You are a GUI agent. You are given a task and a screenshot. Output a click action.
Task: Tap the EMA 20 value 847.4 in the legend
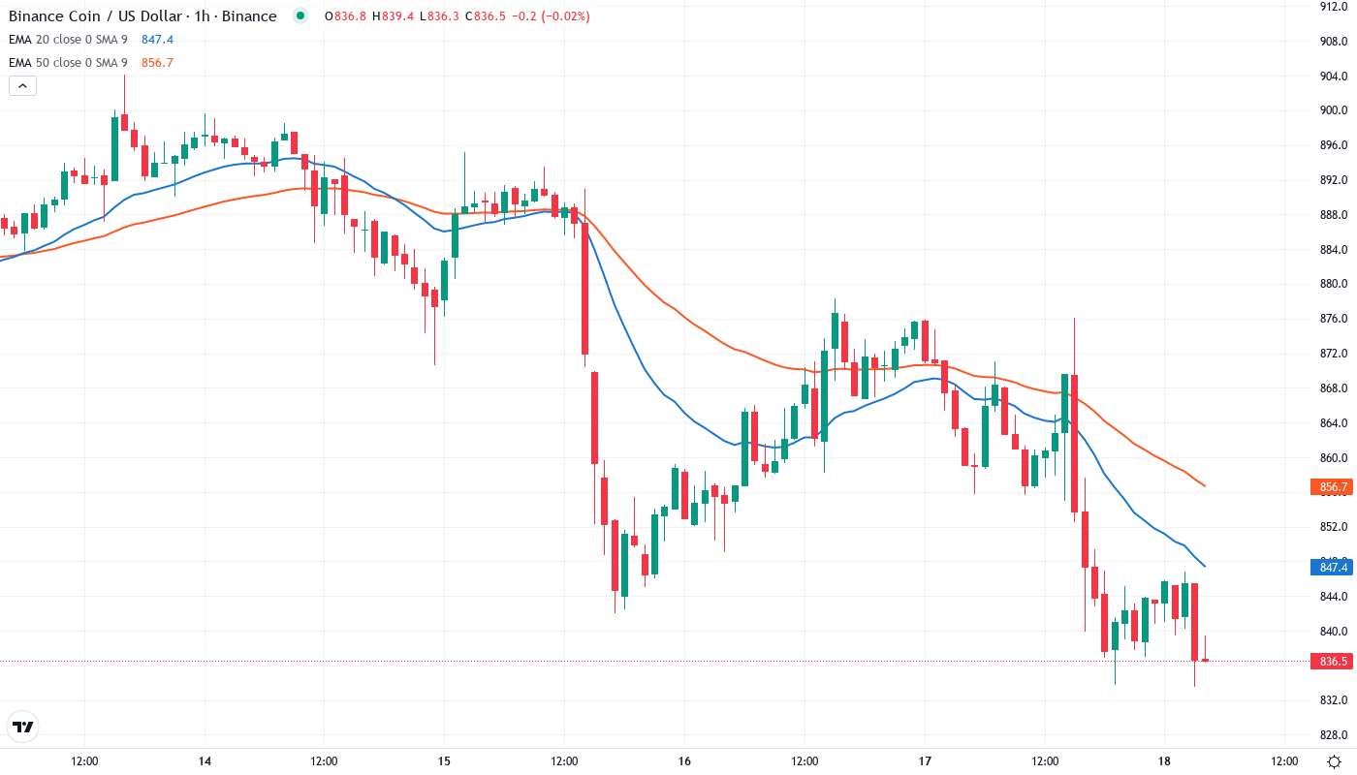(x=157, y=40)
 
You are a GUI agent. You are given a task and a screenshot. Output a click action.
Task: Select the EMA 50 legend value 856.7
(x=157, y=63)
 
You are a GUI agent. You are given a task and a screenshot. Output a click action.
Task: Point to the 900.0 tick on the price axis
(x=1334, y=110)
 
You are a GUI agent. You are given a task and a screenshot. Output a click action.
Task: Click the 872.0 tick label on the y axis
(x=1334, y=354)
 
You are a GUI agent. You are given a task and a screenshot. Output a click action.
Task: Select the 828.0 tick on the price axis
(x=1334, y=734)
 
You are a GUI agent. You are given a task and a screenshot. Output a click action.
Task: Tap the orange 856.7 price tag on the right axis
(x=1333, y=486)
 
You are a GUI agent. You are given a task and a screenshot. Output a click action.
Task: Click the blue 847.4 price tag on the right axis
(x=1333, y=567)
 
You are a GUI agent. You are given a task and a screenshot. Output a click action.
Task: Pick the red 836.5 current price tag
(x=1333, y=662)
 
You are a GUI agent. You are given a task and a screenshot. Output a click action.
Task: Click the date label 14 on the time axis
(x=205, y=761)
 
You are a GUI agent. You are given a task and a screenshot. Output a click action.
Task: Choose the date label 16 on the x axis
(x=684, y=761)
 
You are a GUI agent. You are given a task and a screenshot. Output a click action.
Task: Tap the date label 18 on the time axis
(x=1164, y=761)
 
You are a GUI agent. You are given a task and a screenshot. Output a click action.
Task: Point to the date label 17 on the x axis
(x=925, y=761)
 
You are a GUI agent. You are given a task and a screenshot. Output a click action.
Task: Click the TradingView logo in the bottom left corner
(x=23, y=727)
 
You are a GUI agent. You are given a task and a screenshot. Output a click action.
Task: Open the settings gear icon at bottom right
(x=1335, y=761)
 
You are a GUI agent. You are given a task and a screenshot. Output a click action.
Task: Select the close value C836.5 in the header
(x=483, y=16)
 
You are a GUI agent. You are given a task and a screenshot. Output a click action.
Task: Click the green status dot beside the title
(x=300, y=15)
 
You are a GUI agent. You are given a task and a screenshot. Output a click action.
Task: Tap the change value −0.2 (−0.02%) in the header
(x=549, y=16)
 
